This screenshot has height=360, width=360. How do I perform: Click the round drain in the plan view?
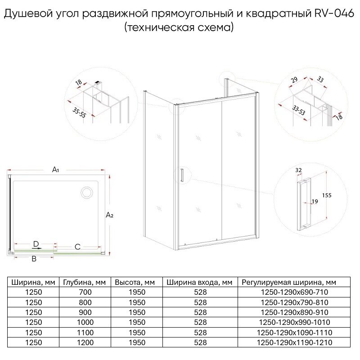[86, 193]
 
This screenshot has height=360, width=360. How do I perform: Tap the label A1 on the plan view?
[56, 170]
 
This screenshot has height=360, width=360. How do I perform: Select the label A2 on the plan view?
[109, 216]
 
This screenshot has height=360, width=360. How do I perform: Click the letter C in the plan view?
[77, 247]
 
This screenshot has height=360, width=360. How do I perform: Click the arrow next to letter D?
[36, 248]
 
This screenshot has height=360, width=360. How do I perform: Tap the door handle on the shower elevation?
[181, 175]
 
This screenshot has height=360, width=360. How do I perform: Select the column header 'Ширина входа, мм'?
[199, 283]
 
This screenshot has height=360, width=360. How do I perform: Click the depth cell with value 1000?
[85, 322]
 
